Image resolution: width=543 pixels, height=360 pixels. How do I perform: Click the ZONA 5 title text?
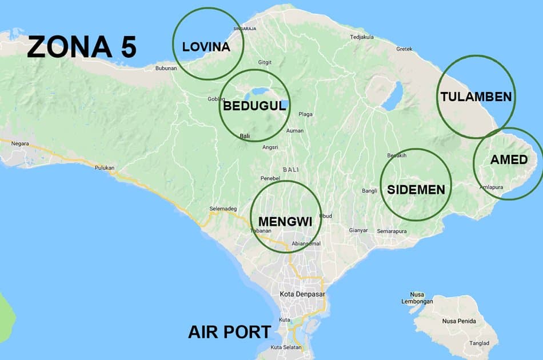(x=81, y=47)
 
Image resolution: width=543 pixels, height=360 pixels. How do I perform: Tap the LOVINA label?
(x=206, y=47)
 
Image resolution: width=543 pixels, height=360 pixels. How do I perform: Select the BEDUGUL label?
(x=254, y=106)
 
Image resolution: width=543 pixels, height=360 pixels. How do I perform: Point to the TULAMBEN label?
(x=476, y=97)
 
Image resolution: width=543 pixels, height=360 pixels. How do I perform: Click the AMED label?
(x=509, y=160)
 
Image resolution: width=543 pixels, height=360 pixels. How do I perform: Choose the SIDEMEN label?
(x=416, y=189)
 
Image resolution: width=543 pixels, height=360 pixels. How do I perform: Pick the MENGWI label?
(x=285, y=221)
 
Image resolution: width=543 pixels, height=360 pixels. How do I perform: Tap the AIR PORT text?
(x=230, y=332)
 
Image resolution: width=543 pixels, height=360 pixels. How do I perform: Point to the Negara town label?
(x=19, y=144)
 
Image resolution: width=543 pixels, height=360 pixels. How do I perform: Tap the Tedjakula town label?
(x=362, y=37)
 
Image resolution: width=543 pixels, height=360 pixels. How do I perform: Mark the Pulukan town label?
(x=105, y=167)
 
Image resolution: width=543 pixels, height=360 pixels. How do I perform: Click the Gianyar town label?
(x=358, y=230)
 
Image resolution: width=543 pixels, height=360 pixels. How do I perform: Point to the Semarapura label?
(x=392, y=231)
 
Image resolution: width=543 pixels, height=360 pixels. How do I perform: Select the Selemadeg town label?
(x=223, y=209)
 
